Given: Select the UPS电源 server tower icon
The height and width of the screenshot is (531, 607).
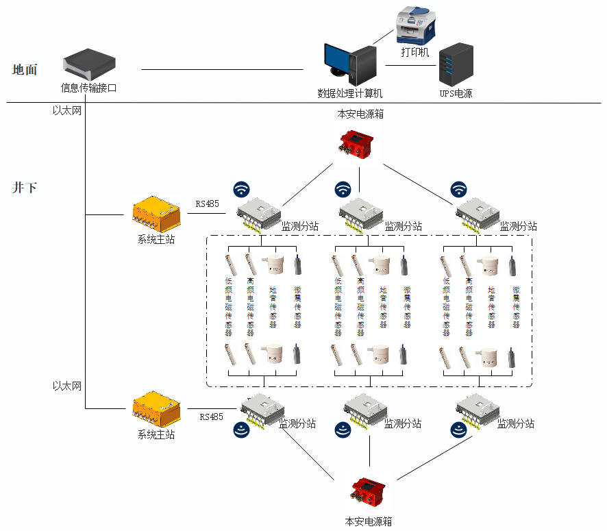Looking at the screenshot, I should (456, 64).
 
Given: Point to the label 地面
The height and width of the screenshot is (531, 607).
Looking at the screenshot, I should (25, 69).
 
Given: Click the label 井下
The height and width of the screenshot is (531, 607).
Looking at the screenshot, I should (25, 187).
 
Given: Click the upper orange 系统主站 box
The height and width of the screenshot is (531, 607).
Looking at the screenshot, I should (156, 214).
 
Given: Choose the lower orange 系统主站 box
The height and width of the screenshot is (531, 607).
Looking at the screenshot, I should (156, 409).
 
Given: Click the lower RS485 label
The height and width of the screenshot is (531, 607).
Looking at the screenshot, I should (211, 417).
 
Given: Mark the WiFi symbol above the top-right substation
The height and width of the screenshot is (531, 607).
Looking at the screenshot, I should (458, 189).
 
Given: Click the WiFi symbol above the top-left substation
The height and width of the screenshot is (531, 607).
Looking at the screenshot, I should (241, 189).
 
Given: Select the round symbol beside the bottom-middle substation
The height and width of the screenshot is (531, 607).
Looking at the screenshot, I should (344, 430).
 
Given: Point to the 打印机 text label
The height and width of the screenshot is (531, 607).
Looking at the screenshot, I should (414, 52).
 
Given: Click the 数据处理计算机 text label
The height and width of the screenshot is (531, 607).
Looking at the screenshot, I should (349, 93).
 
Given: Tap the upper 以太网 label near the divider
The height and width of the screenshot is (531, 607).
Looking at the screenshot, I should (67, 110).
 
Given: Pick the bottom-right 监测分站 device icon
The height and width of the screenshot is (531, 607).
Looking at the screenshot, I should (478, 412).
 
